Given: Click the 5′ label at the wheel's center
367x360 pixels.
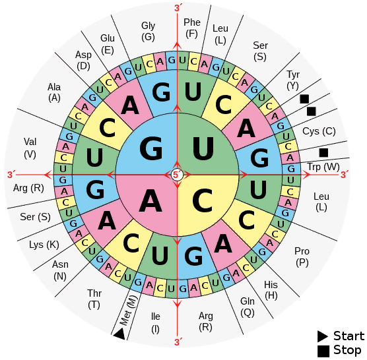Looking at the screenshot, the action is click(177, 175).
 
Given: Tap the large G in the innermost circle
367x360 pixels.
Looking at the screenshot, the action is click(151, 148).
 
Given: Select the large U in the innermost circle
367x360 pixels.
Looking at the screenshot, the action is click(203, 148).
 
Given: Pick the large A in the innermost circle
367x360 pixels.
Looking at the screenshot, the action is click(150, 200).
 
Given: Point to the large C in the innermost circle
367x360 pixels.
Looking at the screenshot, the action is click(203, 200).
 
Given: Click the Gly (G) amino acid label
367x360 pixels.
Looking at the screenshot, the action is click(148, 32).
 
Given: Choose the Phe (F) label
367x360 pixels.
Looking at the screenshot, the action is click(192, 28).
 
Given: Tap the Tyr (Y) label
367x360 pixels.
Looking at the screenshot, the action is click(293, 80).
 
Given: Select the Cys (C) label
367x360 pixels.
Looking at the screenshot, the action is click(319, 131).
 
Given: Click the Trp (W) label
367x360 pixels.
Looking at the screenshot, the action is click(323, 167).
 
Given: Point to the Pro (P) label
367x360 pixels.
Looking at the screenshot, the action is click(302, 256).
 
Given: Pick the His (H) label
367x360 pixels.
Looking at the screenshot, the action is click(271, 290).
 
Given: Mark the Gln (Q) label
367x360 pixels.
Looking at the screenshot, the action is click(248, 307).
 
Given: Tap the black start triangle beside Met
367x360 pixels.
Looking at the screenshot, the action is click(119, 334).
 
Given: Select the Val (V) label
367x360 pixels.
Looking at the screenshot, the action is click(30, 148).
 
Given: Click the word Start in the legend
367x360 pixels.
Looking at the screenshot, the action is click(349, 336).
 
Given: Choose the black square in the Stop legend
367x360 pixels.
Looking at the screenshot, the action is click(323, 351).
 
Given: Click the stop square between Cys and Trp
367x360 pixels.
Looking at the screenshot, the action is click(323, 153).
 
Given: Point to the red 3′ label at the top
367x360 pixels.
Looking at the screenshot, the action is click(178, 8).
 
